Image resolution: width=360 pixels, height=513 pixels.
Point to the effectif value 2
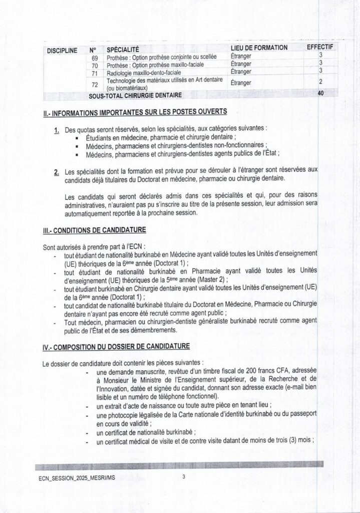click(320, 81)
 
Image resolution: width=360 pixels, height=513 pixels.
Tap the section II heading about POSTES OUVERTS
click(135, 111)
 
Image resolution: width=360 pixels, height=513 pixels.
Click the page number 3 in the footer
click(184, 477)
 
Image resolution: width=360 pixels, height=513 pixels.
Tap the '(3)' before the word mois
click(293, 441)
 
